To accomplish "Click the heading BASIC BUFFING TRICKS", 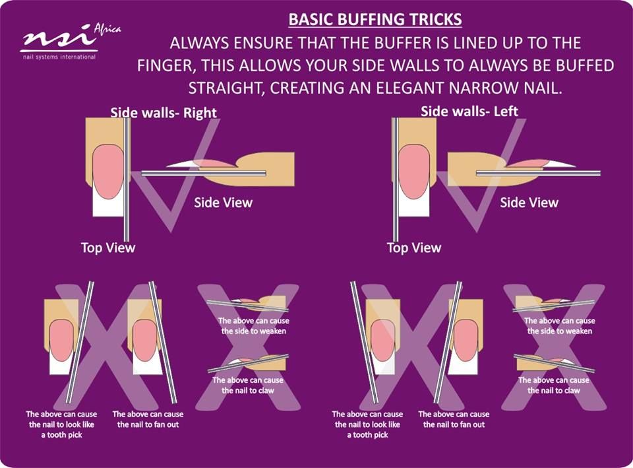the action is pos(375,19).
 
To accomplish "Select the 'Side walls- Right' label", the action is pos(164,112).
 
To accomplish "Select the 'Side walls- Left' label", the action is pos(469,111).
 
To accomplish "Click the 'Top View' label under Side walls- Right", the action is pos(107,248).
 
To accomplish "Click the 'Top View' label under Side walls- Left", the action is pos(414,248).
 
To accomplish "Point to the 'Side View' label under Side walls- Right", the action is pos(224,202).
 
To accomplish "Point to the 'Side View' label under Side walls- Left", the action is pos(529,202).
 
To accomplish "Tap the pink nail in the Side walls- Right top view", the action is pos(107,172).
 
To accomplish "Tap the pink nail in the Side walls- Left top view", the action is pos(413,172).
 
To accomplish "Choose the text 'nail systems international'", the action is pos(59,57).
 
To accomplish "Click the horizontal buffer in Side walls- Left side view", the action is pos(539,174).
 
